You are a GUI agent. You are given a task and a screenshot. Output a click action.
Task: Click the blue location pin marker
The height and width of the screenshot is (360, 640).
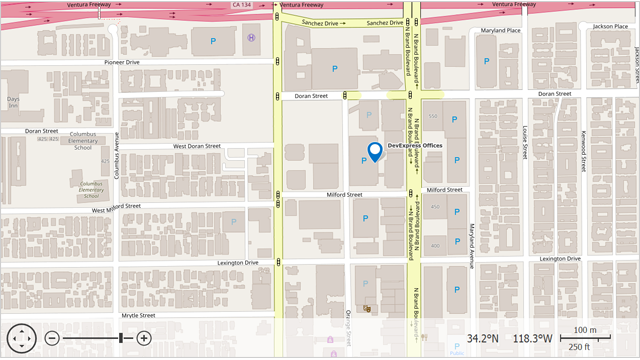(x=375, y=151)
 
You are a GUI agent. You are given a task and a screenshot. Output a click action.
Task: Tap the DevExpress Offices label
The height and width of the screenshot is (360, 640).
(x=414, y=146)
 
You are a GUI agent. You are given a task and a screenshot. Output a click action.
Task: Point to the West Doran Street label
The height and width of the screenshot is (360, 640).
(x=196, y=146)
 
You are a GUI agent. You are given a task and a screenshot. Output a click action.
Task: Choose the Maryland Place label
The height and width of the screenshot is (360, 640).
(x=501, y=30)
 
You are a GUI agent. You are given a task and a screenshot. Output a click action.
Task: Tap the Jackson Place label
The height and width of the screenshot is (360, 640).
(x=608, y=25)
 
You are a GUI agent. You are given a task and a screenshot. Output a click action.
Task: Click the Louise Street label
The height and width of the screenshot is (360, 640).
(x=524, y=144)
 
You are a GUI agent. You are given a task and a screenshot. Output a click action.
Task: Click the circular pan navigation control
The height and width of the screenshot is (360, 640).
(x=22, y=338)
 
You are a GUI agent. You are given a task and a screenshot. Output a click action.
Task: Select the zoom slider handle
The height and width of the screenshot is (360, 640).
(x=121, y=338)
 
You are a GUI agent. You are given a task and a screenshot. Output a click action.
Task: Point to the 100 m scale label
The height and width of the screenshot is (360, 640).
(x=584, y=330)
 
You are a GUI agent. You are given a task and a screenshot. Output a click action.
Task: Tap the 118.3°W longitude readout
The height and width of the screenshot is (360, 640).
(x=533, y=338)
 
